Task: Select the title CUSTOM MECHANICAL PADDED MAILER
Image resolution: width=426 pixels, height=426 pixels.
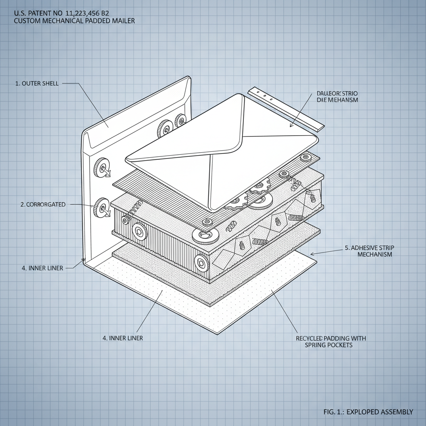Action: click(74, 20)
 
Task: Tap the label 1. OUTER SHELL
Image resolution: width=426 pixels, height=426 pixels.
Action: click(37, 83)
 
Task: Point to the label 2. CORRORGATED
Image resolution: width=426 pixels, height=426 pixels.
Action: click(43, 205)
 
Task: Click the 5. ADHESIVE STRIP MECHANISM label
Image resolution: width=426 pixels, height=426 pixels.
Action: click(369, 251)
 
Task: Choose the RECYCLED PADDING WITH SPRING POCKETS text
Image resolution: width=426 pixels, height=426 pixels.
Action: click(331, 342)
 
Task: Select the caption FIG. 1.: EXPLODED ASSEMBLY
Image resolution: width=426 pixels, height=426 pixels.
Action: click(368, 412)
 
